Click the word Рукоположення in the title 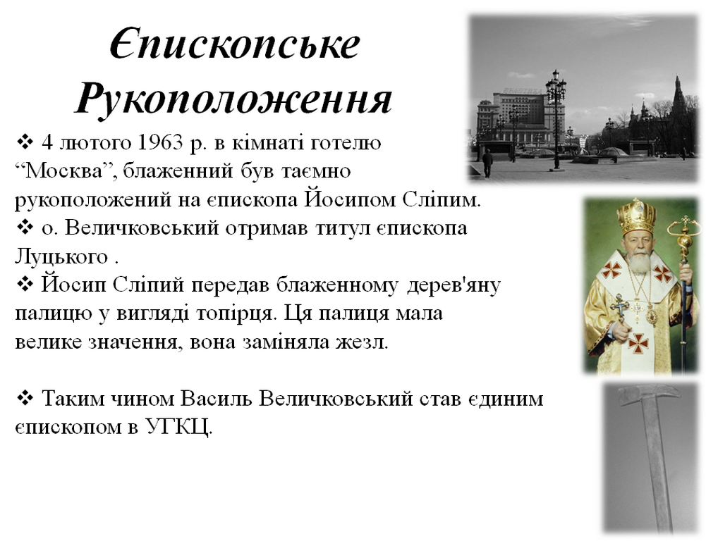click(233, 99)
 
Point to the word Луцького click(61, 257)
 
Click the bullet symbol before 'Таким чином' click(25, 399)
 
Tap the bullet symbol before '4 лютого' click(25, 142)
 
